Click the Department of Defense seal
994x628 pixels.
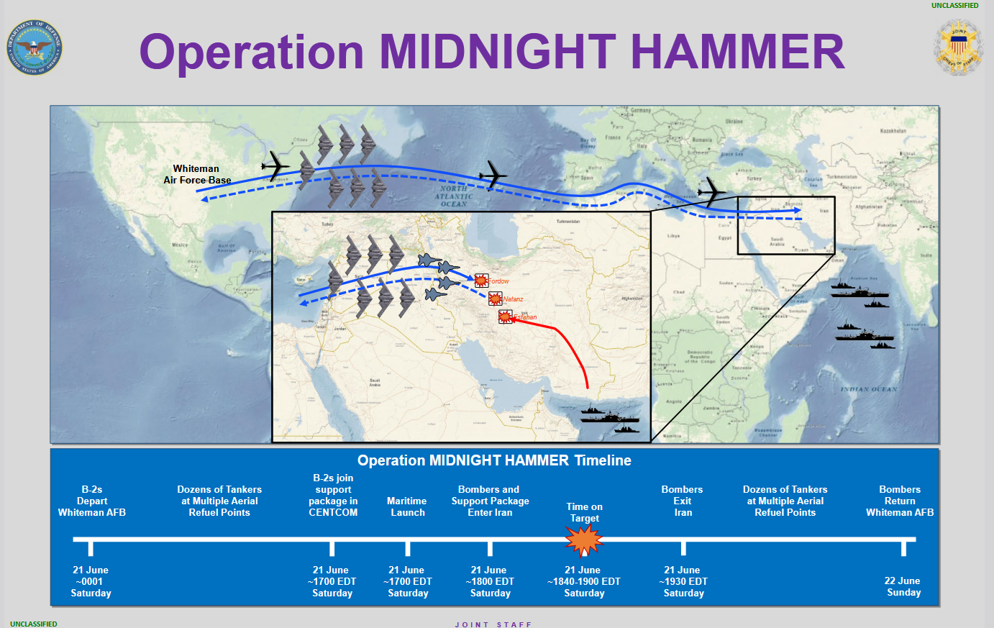(x=35, y=47)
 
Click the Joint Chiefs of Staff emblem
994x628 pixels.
(x=958, y=47)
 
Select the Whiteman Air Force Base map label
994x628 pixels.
(x=196, y=175)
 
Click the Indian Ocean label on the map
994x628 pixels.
(x=869, y=389)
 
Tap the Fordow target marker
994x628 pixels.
(x=481, y=281)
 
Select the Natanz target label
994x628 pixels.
(x=513, y=299)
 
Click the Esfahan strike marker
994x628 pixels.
(x=506, y=317)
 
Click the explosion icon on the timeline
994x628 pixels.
(x=583, y=540)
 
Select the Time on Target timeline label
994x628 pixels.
(x=584, y=512)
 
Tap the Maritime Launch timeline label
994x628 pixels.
(x=407, y=506)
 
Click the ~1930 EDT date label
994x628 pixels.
(x=683, y=581)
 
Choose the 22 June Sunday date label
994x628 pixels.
(x=903, y=586)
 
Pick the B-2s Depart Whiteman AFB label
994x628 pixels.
(x=92, y=501)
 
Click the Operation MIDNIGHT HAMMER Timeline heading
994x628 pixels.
(x=494, y=460)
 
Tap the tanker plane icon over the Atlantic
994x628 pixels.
(x=493, y=175)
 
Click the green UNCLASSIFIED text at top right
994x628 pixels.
(x=954, y=6)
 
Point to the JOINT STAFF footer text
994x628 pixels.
(x=493, y=624)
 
